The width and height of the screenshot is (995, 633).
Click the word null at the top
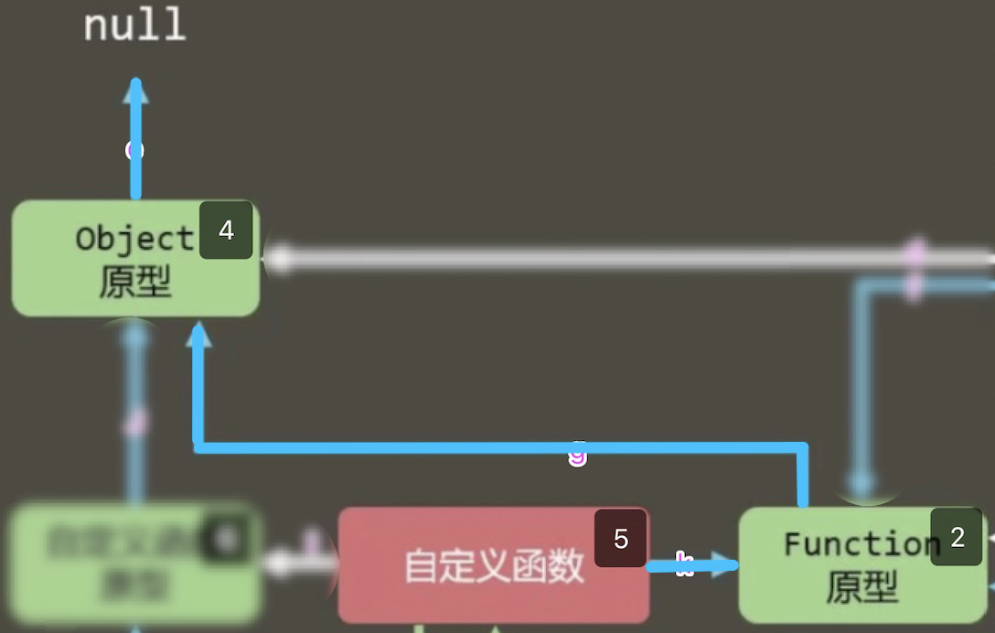(x=135, y=25)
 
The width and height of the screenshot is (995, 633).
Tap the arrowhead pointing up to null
(x=135, y=90)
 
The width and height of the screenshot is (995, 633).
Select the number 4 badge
(x=226, y=231)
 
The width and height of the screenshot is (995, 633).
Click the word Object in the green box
(x=134, y=239)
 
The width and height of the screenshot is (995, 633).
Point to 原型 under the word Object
(x=134, y=283)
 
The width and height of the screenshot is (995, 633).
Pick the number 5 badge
(x=620, y=539)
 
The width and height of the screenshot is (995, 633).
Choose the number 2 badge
(x=957, y=538)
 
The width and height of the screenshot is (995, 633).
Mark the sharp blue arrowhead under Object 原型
(x=198, y=335)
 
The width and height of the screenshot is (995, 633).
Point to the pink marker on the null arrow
(x=134, y=150)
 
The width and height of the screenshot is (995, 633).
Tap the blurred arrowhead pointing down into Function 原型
(x=862, y=482)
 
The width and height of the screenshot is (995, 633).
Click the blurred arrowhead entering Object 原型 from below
(x=135, y=337)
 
